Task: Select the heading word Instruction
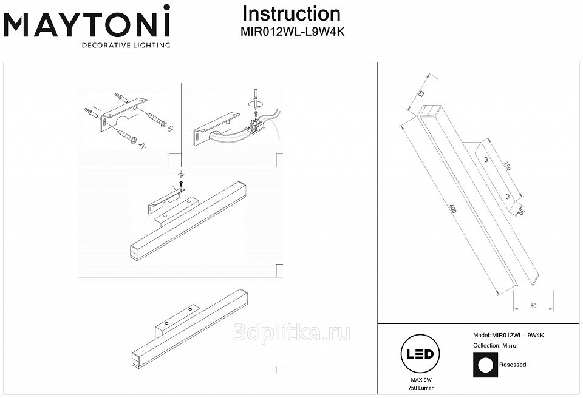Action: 291,13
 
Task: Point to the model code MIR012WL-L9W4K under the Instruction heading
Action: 293,33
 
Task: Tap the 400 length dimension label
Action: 452,209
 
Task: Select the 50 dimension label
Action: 533,306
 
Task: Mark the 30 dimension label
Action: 520,212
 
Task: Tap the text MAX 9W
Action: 417,379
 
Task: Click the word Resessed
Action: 513,365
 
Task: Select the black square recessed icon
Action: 485,365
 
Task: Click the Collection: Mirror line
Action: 496,345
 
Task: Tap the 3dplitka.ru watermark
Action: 291,332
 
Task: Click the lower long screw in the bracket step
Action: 128,136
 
